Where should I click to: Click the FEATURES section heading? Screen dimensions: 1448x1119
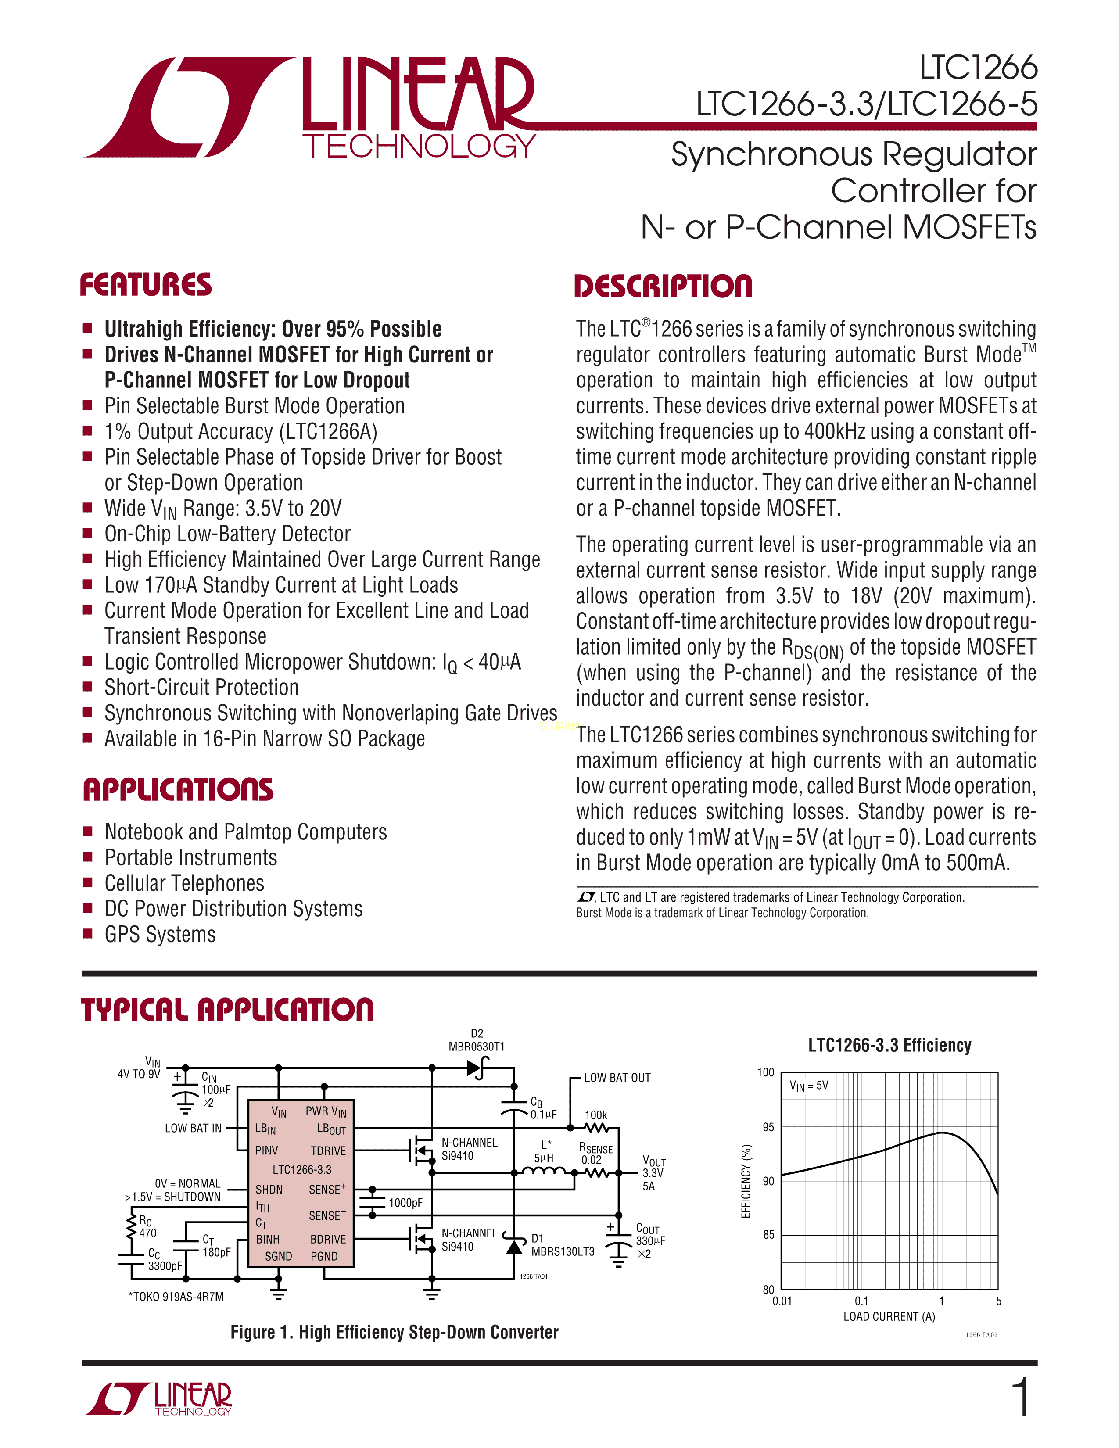click(146, 285)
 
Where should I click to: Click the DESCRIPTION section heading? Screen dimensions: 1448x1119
click(663, 287)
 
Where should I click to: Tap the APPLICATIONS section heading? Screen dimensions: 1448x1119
click(178, 790)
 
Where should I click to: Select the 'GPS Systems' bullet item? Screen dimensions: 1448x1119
click(160, 934)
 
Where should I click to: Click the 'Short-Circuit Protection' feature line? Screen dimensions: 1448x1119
click(201, 688)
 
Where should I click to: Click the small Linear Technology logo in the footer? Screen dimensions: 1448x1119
click(159, 1399)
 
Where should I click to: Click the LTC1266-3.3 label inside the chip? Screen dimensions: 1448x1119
click(301, 1169)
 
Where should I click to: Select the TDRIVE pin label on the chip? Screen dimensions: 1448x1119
click(328, 1151)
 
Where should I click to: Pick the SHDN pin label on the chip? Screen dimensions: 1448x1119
click(269, 1190)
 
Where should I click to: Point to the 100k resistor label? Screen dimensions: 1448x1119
click(595, 1115)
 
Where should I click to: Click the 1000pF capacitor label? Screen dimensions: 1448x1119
click(405, 1203)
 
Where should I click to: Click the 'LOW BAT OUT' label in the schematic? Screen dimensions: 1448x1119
click(617, 1078)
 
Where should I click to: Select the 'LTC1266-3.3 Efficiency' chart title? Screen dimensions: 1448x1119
click(889, 1046)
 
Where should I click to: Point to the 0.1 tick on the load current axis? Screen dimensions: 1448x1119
click(861, 1301)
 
